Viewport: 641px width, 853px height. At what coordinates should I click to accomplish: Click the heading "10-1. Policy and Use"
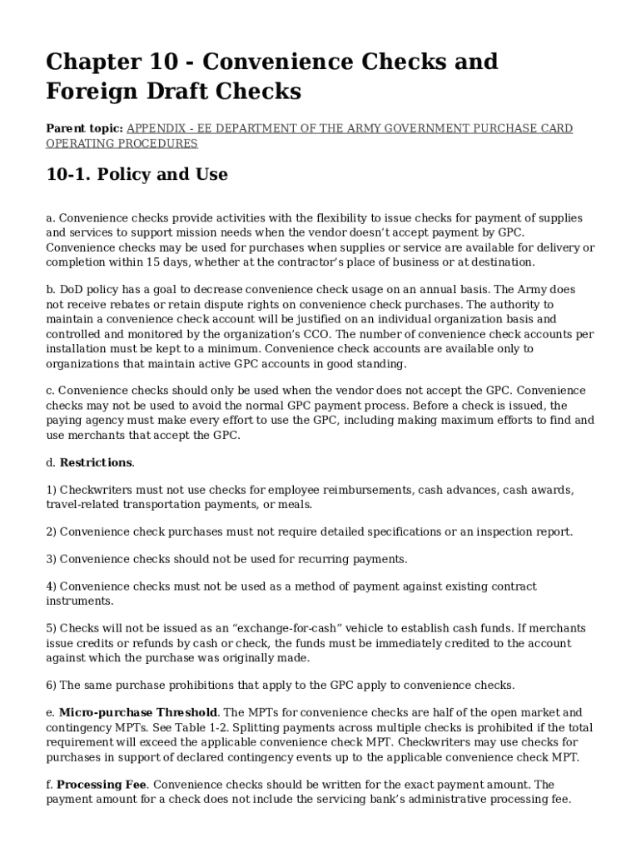(137, 175)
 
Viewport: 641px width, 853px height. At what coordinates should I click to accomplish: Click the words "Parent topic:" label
(84, 128)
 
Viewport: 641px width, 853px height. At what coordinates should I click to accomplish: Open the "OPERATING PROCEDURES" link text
(122, 143)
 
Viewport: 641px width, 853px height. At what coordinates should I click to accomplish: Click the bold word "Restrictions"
(96, 462)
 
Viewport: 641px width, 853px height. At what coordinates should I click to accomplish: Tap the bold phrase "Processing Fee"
(102, 785)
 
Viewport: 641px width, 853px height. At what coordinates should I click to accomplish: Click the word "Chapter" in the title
(92, 62)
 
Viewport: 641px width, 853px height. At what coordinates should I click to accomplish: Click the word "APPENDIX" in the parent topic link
(154, 128)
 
